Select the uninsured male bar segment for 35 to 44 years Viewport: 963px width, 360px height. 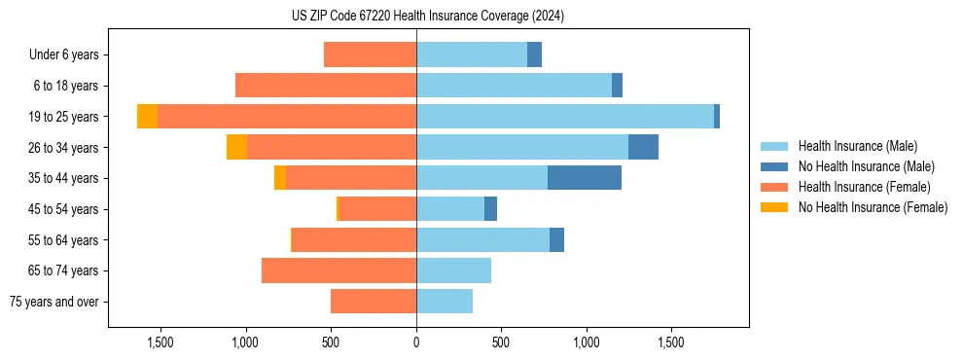pos(585,178)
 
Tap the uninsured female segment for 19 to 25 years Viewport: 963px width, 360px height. pos(147,117)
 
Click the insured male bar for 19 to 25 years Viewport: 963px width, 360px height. pos(565,117)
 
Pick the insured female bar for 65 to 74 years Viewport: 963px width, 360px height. pos(339,270)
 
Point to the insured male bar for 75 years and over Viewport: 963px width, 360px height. pos(445,302)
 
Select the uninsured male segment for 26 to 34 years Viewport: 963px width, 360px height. pos(643,147)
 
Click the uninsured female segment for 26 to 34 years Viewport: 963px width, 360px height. pos(236,147)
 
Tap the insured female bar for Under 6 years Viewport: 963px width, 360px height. pos(370,54)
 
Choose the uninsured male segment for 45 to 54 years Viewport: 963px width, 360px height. pos(490,209)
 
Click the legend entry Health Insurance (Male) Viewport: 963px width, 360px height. pos(857,146)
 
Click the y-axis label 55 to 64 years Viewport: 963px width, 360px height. pos(65,240)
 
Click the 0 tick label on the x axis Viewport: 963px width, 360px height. pos(416,342)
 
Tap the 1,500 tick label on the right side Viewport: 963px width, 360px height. pos(670,342)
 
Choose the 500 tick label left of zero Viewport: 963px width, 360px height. pos(331,342)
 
